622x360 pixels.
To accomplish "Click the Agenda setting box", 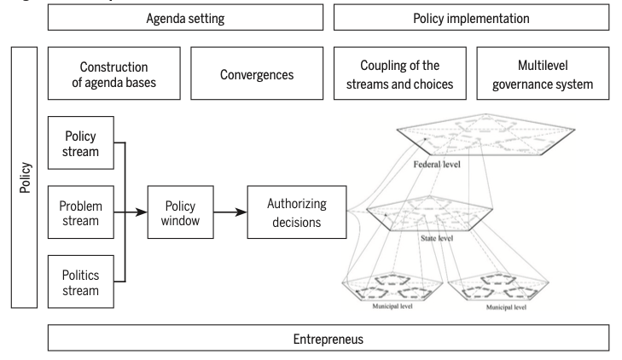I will click(186, 18).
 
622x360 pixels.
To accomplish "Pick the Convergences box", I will click(257, 73).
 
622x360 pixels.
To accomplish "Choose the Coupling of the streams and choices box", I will click(400, 73).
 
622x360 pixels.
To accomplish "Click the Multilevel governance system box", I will click(544, 73).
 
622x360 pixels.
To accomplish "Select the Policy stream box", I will click(81, 143).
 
